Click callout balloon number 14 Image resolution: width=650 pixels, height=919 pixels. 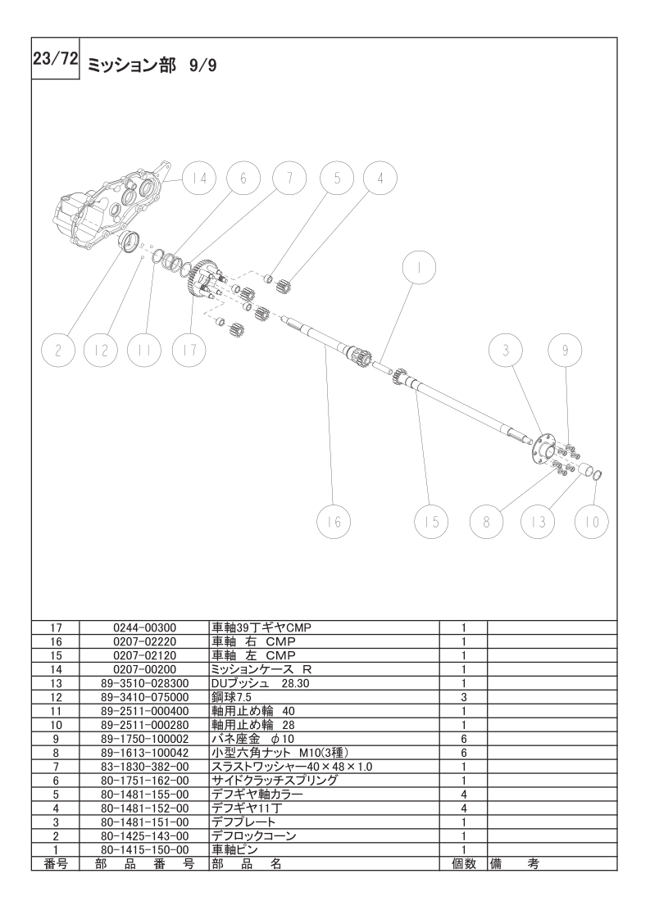click(x=199, y=179)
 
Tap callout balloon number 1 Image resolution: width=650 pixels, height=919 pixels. click(x=420, y=269)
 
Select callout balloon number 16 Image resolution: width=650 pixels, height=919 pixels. click(x=334, y=522)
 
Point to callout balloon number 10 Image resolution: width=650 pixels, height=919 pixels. click(x=591, y=522)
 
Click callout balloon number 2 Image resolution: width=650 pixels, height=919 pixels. click(x=58, y=351)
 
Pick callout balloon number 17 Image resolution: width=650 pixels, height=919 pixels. click(x=189, y=351)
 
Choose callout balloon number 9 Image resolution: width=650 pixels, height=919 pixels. click(x=565, y=351)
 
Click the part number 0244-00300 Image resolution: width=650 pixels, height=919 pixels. click(x=144, y=627)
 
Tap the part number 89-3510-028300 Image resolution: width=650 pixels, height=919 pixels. click(x=144, y=683)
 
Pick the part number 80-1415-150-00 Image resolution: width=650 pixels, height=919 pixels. click(x=144, y=850)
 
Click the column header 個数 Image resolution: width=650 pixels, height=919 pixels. click(x=463, y=864)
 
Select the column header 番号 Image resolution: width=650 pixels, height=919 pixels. click(x=56, y=864)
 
